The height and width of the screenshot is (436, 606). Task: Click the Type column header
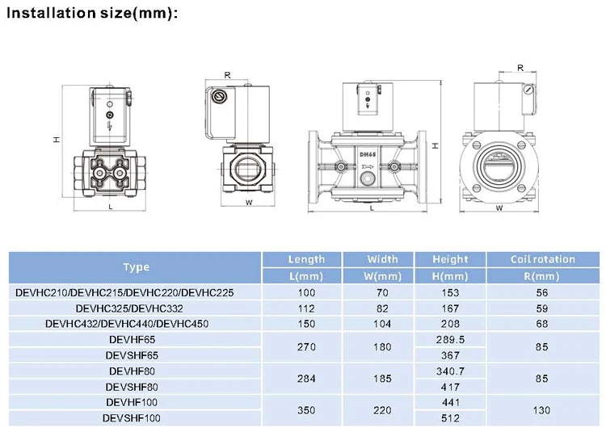[136, 267]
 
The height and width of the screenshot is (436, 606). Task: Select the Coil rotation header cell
[543, 259]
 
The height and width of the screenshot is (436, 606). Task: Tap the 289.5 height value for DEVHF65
[450, 339]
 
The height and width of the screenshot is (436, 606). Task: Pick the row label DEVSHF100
[132, 418]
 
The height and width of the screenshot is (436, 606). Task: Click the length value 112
[306, 308]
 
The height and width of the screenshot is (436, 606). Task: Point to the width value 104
[382, 324]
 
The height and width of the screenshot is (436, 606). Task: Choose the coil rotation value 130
[541, 410]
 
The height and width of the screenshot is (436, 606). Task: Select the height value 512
[450, 418]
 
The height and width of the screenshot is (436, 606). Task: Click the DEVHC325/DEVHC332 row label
[129, 308]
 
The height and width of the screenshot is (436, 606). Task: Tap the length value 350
[306, 410]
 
